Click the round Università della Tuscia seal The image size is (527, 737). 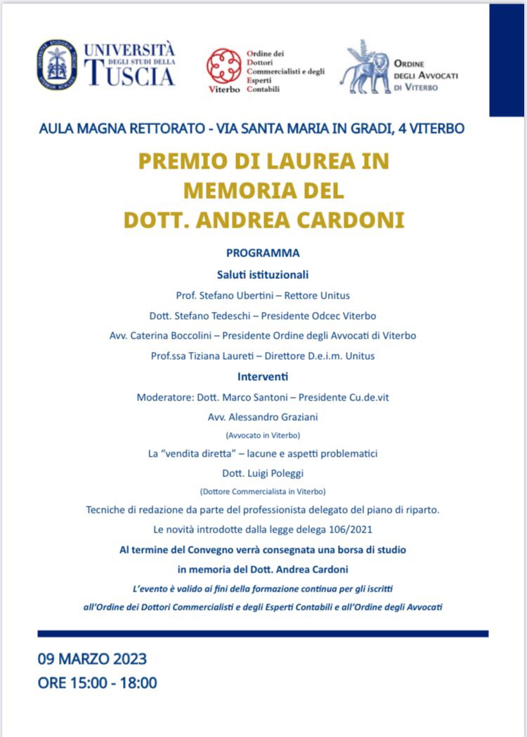tap(57, 64)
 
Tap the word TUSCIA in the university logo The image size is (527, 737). tap(129, 74)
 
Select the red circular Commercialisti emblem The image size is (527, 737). tap(223, 65)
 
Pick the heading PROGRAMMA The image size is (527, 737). tap(263, 253)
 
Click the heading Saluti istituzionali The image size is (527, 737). tap(263, 275)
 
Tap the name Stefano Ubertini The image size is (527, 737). tap(236, 295)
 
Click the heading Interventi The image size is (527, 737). tap(263, 377)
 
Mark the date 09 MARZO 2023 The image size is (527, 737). tap(92, 659)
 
